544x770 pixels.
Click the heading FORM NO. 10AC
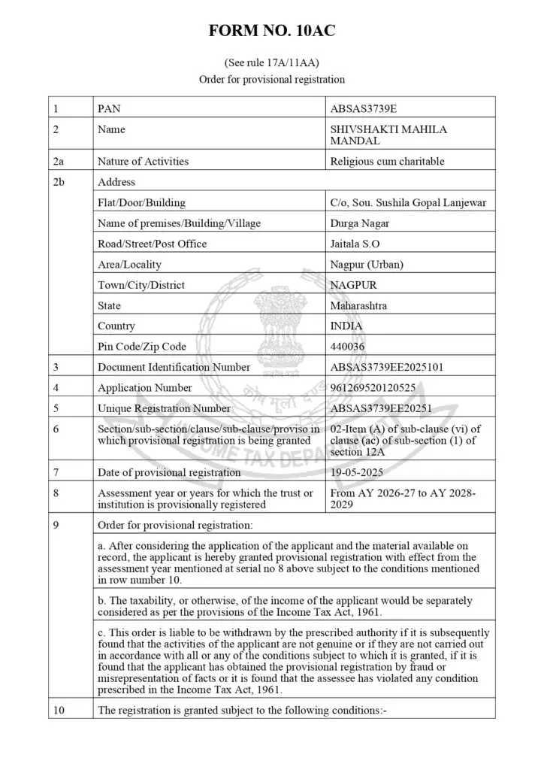click(x=271, y=32)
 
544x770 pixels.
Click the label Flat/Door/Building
click(x=141, y=202)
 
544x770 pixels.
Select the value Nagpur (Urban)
click(x=367, y=265)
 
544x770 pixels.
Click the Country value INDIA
click(x=346, y=326)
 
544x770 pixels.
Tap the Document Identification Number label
click(x=174, y=367)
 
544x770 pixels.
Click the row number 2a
click(x=59, y=161)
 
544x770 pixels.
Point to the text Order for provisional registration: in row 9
click(x=176, y=524)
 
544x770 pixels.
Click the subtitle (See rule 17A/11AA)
click(x=271, y=62)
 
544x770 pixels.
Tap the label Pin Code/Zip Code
click(x=142, y=347)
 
